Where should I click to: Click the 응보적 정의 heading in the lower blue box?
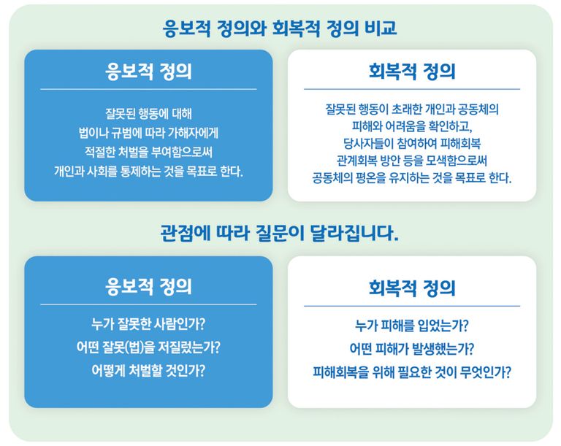coord(148,286)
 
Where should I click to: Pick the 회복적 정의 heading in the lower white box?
coord(412,287)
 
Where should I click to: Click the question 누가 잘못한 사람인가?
coord(148,324)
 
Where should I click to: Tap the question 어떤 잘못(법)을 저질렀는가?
coord(148,347)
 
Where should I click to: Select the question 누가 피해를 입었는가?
coord(412,326)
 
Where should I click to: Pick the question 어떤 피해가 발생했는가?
coord(412,349)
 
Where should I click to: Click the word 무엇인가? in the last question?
coord(482,372)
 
